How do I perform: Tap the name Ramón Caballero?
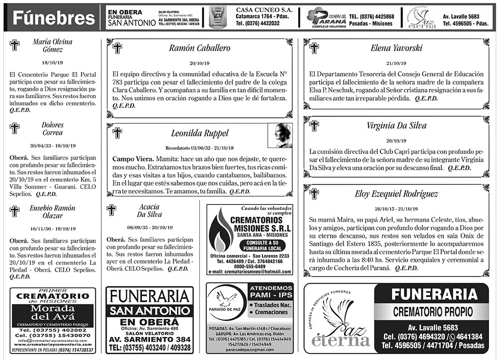[199, 48]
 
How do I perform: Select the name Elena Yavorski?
[396, 48]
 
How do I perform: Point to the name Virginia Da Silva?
[396, 126]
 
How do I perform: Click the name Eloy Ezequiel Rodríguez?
[396, 193]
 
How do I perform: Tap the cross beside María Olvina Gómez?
[14, 45]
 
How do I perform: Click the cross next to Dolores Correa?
[14, 128]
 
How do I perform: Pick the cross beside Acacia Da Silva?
[111, 210]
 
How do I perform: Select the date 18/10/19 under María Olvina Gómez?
[52, 63]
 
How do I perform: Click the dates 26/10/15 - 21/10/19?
[396, 208]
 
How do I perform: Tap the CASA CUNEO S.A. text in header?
[264, 10]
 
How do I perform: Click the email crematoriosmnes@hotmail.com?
[249, 272]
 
